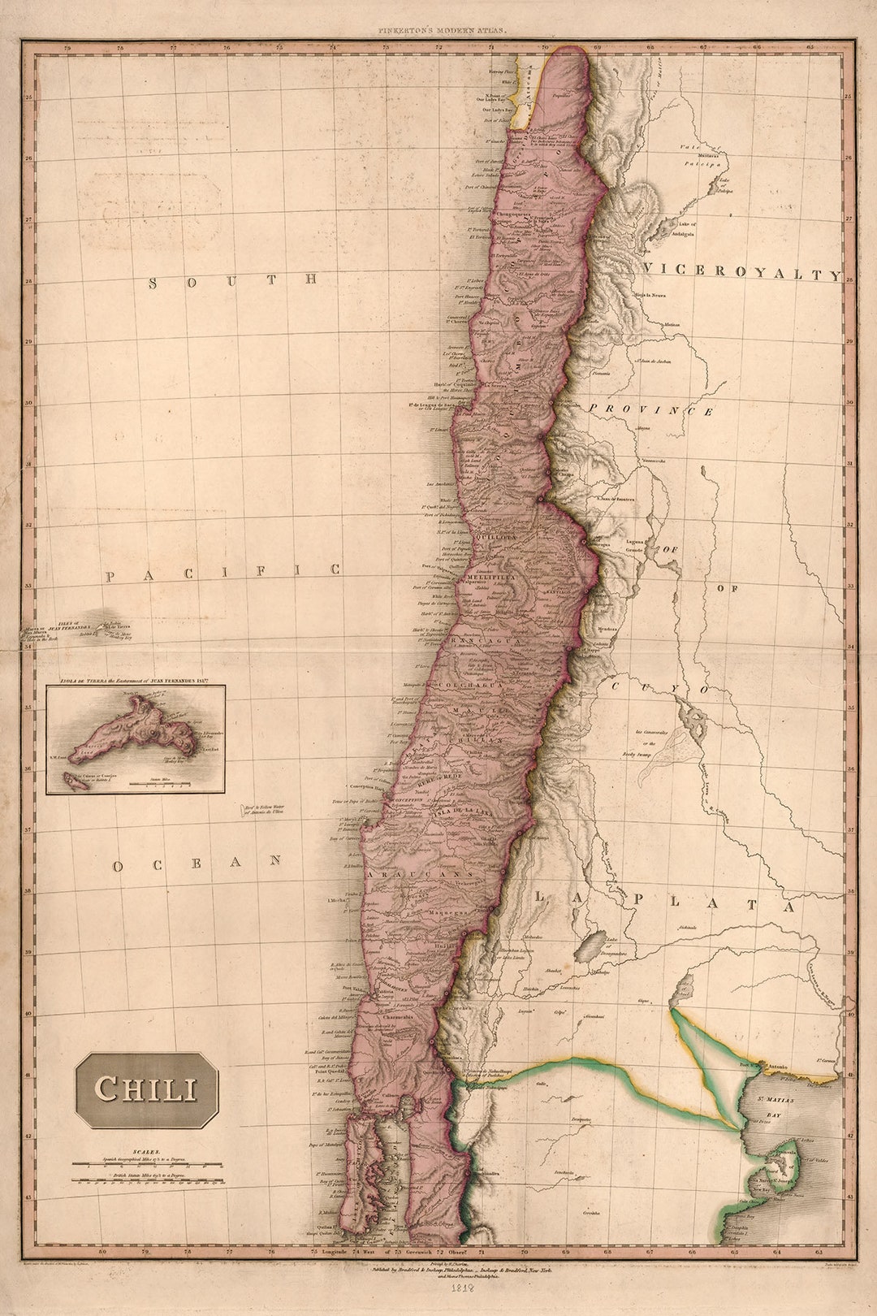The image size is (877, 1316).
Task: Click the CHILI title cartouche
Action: pos(147,1089)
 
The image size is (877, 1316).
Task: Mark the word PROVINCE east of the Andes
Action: pos(652,410)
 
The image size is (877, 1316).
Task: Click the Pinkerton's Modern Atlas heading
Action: pos(442,30)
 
